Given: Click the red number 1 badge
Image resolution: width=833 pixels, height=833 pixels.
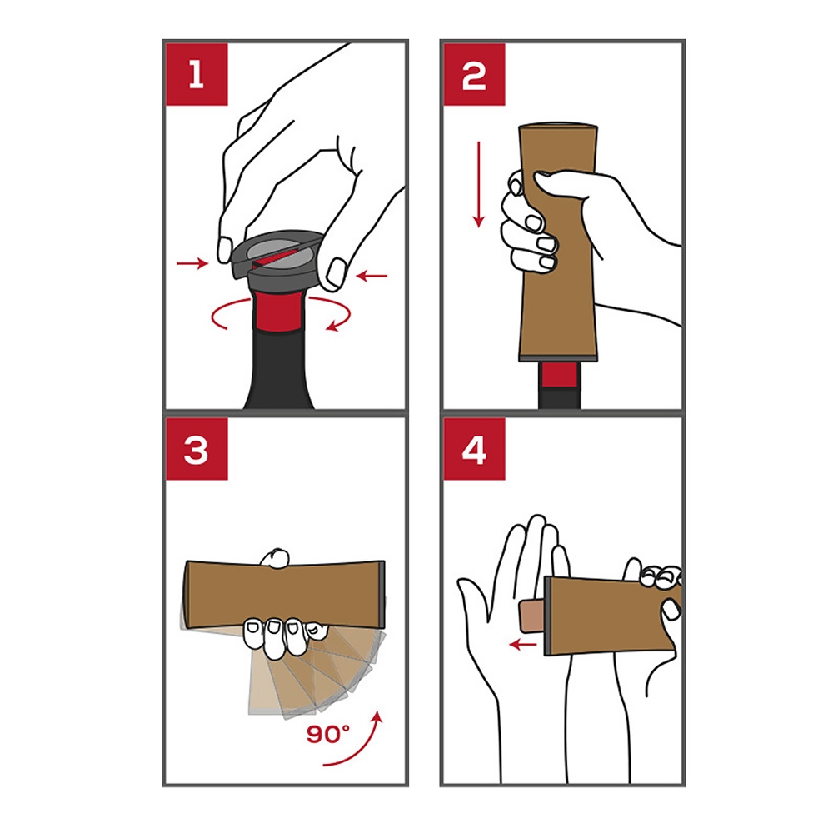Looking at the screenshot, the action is point(197,74).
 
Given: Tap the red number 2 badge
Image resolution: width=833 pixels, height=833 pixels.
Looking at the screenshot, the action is point(475,74).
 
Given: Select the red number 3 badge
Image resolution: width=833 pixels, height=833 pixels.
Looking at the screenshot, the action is point(197,450).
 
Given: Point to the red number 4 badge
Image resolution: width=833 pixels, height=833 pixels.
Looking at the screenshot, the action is point(475,450).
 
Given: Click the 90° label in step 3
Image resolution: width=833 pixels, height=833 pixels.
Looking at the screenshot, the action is point(327,734).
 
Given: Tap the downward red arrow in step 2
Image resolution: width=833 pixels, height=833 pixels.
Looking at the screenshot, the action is point(479,184).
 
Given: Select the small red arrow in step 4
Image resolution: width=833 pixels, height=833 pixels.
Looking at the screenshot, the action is point(523,645).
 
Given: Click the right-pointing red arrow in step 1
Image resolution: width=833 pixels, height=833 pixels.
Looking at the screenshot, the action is point(192,263).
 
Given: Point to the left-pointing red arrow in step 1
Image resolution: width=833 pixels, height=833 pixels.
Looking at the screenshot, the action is point(372,276).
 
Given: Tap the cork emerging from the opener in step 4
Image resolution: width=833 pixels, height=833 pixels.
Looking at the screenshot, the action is point(532,616).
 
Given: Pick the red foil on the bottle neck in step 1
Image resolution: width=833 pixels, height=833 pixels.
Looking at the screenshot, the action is point(278,310).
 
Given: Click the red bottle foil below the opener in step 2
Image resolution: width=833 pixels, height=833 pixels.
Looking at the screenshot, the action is point(560,375).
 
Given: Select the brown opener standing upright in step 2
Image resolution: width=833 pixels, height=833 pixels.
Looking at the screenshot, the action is point(558,242).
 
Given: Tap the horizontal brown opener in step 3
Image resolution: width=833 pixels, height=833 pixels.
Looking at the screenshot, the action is point(284,595).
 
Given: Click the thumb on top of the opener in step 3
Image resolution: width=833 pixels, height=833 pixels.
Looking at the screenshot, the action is point(276,558).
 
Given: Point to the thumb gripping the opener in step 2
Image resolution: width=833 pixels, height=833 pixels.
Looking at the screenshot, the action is point(564,184).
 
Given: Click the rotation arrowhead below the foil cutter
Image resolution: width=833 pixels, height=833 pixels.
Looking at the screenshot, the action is point(333,325).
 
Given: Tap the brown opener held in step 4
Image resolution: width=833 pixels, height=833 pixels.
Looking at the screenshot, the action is point(611,616).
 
